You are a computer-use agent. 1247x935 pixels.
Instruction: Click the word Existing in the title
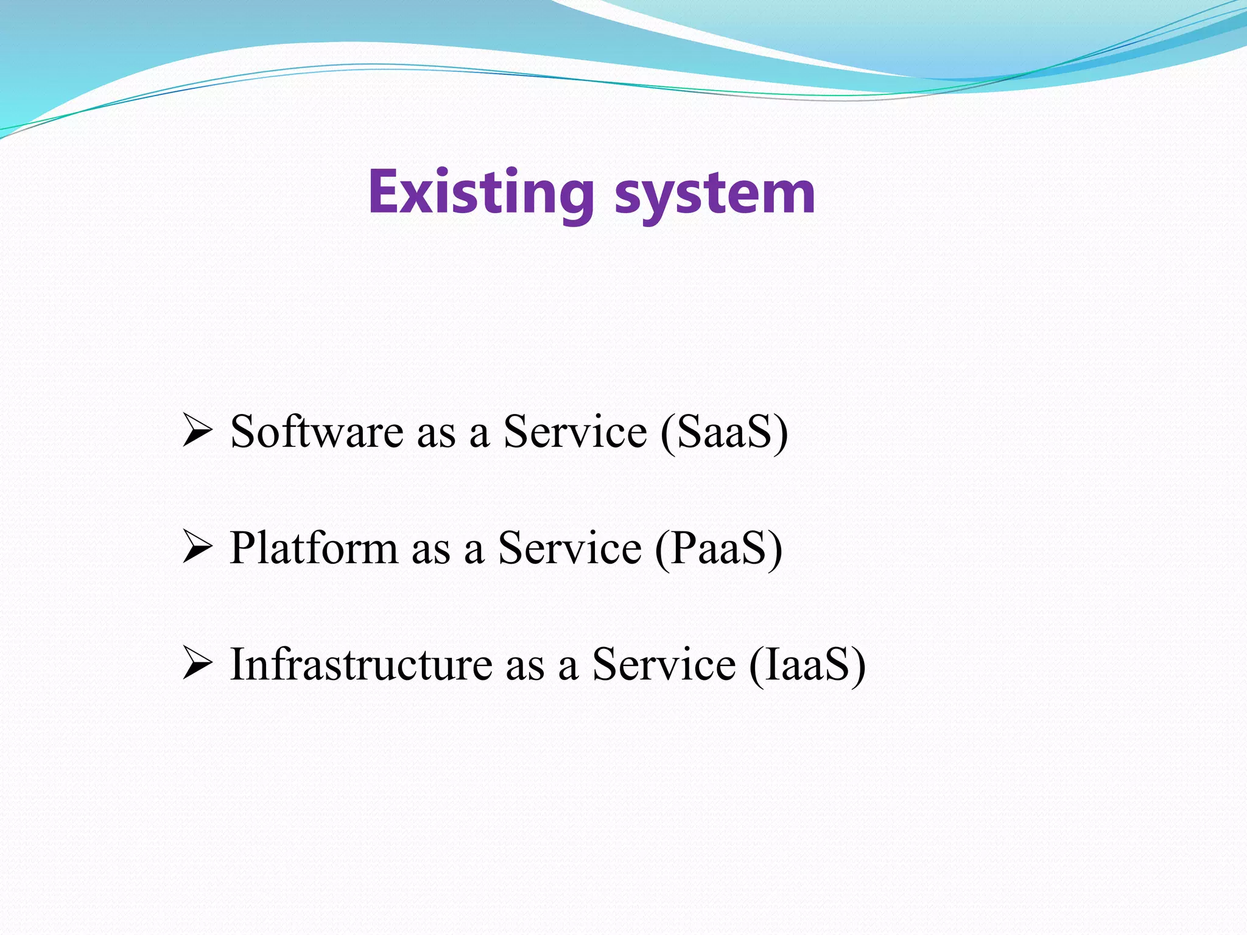481,194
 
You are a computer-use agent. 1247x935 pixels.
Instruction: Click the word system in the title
715,195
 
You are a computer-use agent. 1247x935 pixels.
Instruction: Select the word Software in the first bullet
317,432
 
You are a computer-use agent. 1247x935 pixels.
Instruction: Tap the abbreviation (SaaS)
724,432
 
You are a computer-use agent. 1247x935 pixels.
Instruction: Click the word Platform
314,548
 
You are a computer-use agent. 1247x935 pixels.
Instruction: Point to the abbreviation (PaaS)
718,548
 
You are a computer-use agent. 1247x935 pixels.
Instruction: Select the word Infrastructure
361,664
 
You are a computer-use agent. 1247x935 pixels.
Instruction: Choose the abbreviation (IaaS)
807,664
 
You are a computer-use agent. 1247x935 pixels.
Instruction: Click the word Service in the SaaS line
575,432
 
